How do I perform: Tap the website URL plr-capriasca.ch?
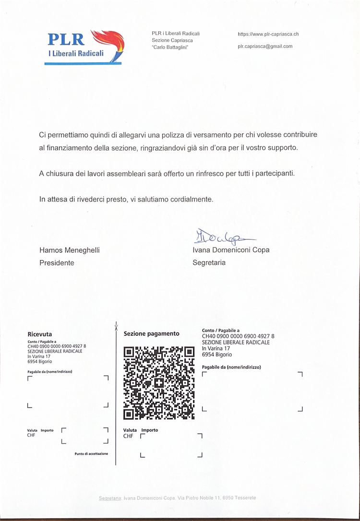(x=268, y=34)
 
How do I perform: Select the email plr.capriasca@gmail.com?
(x=264, y=47)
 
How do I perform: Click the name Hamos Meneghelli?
(x=70, y=250)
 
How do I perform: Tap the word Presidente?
(x=57, y=263)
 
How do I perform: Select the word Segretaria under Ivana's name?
(x=209, y=263)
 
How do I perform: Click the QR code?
(x=159, y=383)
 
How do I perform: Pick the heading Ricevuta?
(x=40, y=334)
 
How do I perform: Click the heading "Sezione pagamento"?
(x=151, y=333)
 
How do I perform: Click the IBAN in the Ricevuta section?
(x=57, y=346)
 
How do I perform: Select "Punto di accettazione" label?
(x=91, y=453)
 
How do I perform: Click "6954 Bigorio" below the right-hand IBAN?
(x=217, y=355)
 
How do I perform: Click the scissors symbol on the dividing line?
(x=116, y=326)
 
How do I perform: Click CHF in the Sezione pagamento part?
(x=128, y=436)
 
